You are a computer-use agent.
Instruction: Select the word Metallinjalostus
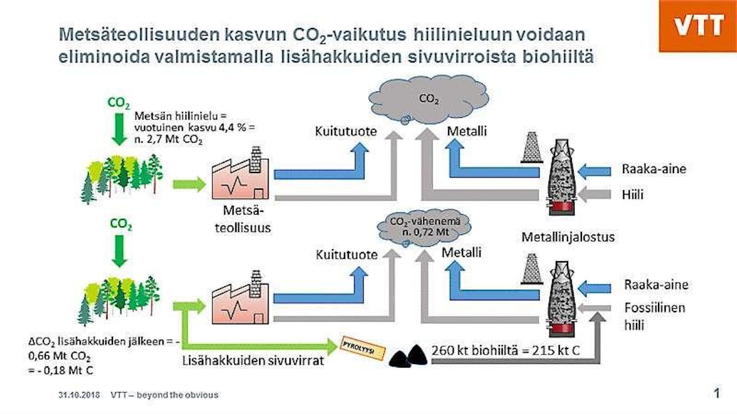coord(568,237)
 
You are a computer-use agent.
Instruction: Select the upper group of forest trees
coord(121,176)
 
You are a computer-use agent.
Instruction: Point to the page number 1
coord(717,393)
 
